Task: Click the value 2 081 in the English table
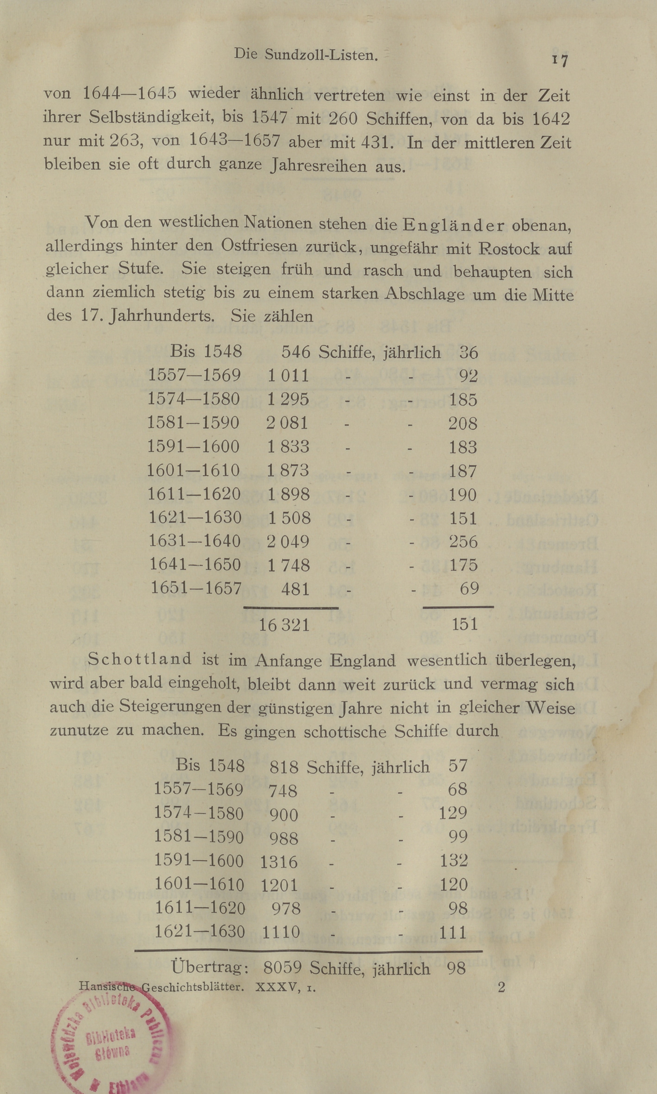point(287,423)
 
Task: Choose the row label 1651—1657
point(196,588)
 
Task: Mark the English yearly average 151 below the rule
point(464,624)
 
